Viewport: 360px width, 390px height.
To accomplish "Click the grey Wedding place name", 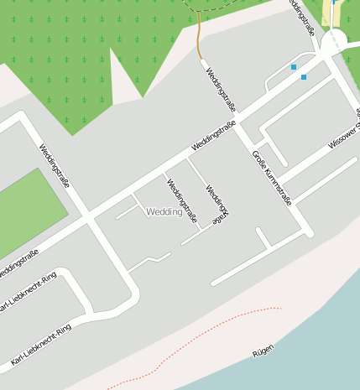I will click(164, 212).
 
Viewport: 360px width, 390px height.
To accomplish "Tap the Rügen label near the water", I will click(263, 351).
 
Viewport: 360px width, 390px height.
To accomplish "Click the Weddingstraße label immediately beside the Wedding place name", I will click(181, 201).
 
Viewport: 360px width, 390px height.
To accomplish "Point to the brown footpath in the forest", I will click(199, 38).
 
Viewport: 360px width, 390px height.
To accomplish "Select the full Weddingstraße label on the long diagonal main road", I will click(213, 136).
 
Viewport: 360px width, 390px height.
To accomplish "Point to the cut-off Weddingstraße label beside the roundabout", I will click(302, 15).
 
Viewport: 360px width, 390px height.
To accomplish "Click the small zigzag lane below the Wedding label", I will click(149, 261).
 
